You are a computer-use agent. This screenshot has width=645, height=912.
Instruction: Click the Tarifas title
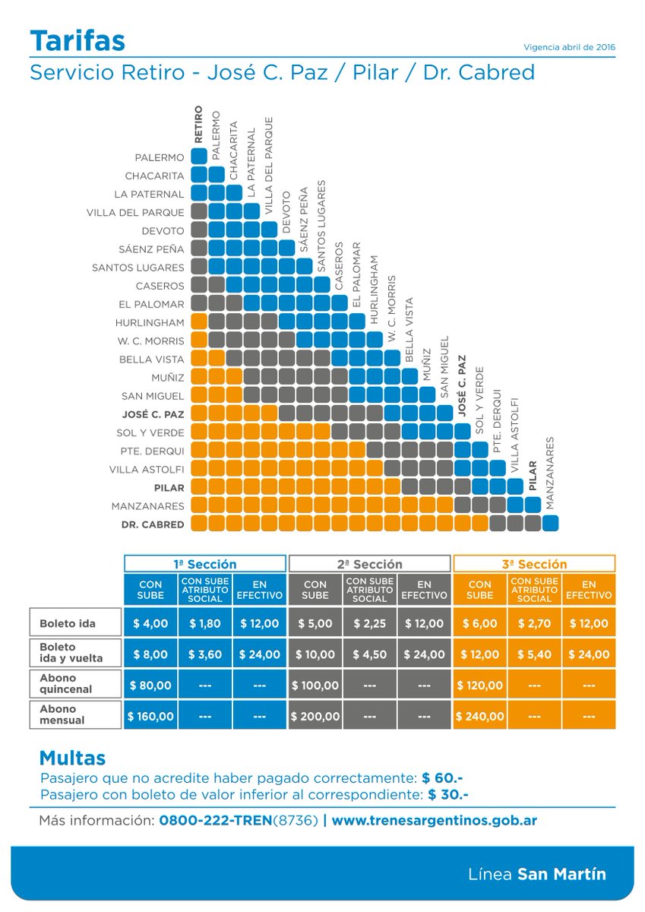click(x=77, y=41)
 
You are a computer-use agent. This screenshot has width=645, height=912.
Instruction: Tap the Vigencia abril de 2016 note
click(x=569, y=47)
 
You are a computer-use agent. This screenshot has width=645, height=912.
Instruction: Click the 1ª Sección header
click(x=204, y=564)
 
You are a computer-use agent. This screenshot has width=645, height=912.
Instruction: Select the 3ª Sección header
click(x=534, y=564)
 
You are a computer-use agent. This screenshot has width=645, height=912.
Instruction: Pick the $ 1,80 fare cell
click(x=204, y=623)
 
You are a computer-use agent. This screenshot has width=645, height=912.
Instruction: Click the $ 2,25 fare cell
click(x=369, y=623)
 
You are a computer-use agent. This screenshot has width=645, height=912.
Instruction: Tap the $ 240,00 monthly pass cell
click(x=480, y=716)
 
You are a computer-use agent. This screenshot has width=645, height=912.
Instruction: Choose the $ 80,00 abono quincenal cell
click(x=150, y=686)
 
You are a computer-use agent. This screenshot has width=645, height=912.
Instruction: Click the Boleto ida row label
click(x=68, y=623)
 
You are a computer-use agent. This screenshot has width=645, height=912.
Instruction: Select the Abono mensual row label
click(x=62, y=714)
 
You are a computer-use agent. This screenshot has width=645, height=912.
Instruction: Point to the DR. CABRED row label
click(x=153, y=524)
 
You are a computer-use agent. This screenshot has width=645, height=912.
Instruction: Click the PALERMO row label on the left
click(x=160, y=157)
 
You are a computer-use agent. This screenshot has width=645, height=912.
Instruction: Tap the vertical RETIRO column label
click(x=198, y=124)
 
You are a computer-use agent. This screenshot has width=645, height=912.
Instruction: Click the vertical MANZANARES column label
click(x=550, y=473)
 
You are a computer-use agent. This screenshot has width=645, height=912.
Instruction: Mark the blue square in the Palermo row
click(x=199, y=156)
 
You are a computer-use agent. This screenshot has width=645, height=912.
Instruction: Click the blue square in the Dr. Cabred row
click(x=550, y=523)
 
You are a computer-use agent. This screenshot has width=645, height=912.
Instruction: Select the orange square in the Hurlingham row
click(x=199, y=321)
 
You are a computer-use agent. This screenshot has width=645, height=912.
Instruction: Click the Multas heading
click(x=72, y=758)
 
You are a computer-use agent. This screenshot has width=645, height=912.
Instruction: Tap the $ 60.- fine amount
click(x=442, y=778)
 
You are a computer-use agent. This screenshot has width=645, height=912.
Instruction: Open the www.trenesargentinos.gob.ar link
click(x=435, y=820)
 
